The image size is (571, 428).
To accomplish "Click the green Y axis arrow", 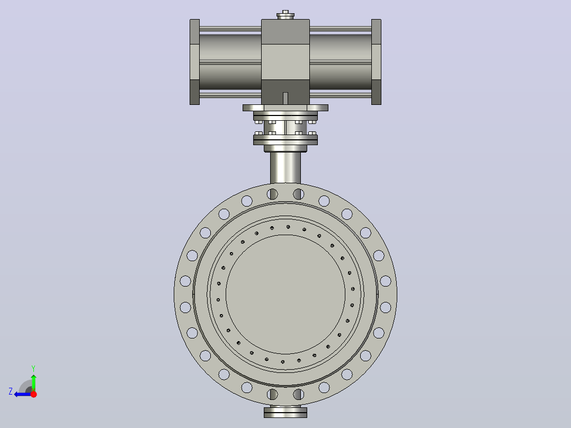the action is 33,382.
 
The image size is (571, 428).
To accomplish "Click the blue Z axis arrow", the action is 23,394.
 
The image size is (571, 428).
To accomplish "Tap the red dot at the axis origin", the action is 33,394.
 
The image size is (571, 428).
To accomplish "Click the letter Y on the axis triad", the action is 33,368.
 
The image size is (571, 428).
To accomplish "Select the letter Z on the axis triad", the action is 11,391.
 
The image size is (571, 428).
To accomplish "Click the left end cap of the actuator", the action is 194,62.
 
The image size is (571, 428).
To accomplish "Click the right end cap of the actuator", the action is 376,62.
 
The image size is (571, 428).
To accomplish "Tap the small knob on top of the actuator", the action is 285,15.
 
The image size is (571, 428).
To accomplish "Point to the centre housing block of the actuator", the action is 285,62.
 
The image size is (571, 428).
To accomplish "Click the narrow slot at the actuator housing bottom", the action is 285,99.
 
